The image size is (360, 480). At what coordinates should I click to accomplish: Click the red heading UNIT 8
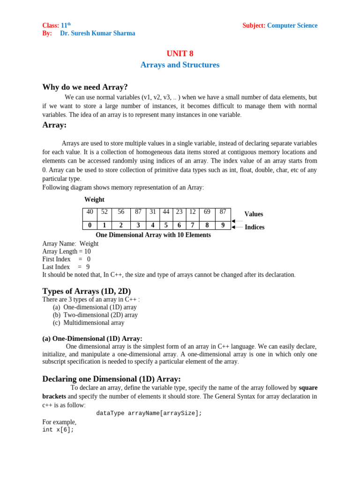pos(180,53)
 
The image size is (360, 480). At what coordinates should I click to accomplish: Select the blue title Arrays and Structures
pos(180,65)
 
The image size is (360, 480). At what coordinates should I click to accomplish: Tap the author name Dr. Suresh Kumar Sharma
pos(97,33)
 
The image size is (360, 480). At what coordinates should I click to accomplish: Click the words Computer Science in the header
pos(292,25)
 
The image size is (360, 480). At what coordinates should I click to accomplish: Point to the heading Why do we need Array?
pos(85,87)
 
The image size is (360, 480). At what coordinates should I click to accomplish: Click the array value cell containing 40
pos(90,212)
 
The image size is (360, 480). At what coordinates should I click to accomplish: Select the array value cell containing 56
pos(121,212)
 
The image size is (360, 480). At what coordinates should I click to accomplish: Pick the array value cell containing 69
pos(207,212)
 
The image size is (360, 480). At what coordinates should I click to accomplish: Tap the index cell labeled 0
pos(90,225)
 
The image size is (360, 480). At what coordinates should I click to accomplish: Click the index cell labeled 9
pos(223,225)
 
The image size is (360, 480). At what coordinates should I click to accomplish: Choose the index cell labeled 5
pos(166,225)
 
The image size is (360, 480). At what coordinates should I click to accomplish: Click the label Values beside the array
pos(254,214)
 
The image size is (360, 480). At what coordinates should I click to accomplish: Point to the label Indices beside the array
pos(255,227)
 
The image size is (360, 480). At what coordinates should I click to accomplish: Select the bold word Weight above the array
pos(94,200)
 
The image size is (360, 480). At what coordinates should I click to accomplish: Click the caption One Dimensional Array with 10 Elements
pos(153,235)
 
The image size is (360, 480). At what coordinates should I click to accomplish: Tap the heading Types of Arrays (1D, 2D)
pos(87,291)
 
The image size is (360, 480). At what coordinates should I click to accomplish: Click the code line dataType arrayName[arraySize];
pos(149,413)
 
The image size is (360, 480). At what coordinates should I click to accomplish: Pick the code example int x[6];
pos(58,429)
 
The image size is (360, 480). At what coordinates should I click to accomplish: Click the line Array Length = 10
pos(67,251)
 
